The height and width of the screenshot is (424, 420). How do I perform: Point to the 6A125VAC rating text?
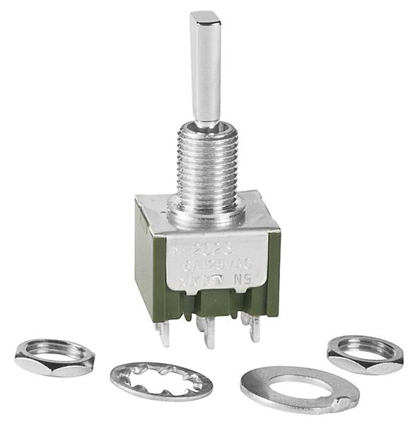tap(211, 266)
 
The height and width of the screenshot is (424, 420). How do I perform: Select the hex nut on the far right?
tap(364, 353)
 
